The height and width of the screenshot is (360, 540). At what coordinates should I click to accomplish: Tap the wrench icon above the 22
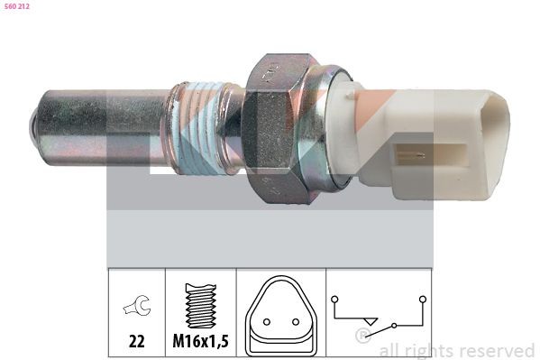[x=135, y=306]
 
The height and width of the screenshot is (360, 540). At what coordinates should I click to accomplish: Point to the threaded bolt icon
[x=199, y=302]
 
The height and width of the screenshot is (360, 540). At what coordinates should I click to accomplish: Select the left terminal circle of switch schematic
[x=334, y=299]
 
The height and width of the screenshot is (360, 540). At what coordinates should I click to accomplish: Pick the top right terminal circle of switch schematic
[x=421, y=299]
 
